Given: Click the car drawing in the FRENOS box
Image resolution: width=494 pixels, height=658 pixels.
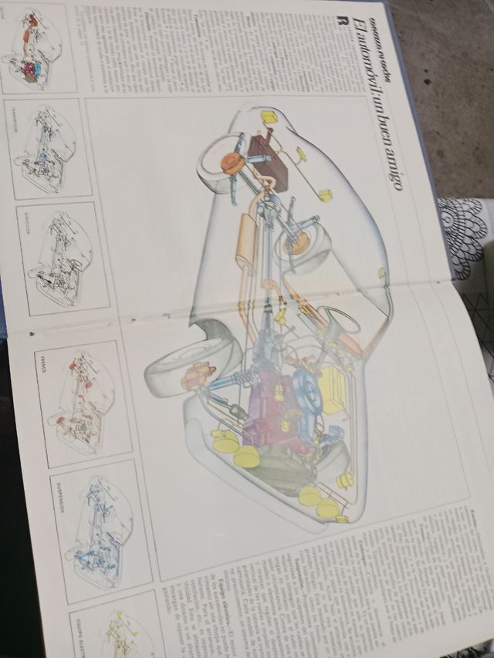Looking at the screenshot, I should pyautogui.click(x=81, y=400).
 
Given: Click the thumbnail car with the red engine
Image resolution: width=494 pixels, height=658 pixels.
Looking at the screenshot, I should pyautogui.click(x=35, y=50).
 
